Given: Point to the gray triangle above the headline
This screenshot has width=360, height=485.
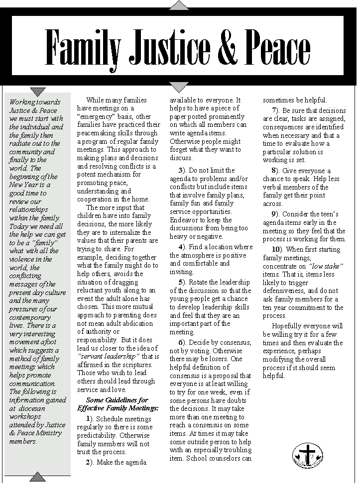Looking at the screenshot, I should click(179, 5).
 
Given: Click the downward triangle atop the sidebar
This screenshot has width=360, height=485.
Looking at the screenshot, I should click(38, 92).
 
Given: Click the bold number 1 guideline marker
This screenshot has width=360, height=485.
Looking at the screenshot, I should click(89, 418).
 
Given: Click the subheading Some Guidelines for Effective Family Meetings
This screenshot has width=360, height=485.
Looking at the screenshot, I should click(122, 404).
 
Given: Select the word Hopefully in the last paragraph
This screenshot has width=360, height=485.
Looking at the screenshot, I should click(288, 326).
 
